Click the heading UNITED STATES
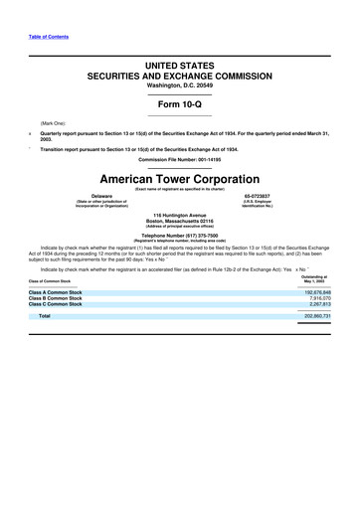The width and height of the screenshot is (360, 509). pyautogui.click(x=179, y=65)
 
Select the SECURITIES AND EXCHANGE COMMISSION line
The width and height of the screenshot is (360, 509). pyautogui.click(x=179, y=76)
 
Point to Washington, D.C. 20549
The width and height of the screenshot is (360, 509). pyautogui.click(x=179, y=85)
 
